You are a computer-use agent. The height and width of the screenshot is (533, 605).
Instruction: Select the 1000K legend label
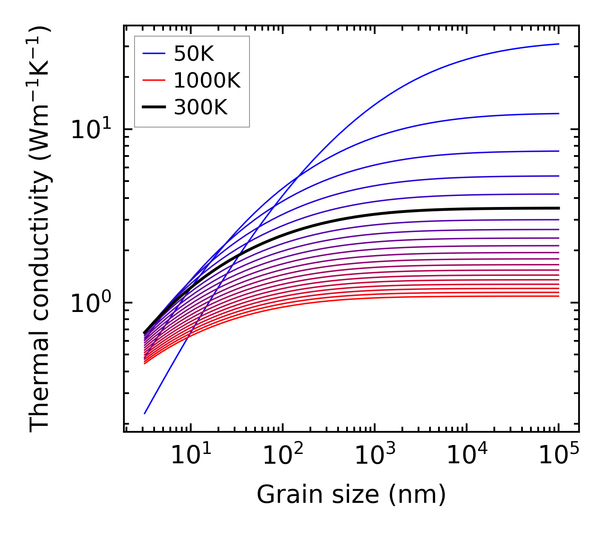pos(207,80)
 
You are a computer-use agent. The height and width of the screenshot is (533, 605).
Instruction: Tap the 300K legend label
pos(201,108)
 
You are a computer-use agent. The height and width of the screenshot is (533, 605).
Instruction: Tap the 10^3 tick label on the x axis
pos(374,456)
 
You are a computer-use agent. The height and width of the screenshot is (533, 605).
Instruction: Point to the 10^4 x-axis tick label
pos(466,456)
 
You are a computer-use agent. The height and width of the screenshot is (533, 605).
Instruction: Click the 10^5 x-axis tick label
pos(558,456)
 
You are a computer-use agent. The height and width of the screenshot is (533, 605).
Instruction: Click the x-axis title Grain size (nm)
pos(351,495)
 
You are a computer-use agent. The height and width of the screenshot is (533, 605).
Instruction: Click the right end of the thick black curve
pos(558,208)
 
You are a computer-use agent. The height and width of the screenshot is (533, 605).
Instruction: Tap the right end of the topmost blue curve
pos(558,44)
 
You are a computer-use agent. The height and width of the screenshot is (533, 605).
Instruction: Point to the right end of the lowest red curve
pos(558,296)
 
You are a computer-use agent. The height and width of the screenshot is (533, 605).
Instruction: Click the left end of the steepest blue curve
pos(145,413)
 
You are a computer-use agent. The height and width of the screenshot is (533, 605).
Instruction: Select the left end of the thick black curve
pos(145,333)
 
